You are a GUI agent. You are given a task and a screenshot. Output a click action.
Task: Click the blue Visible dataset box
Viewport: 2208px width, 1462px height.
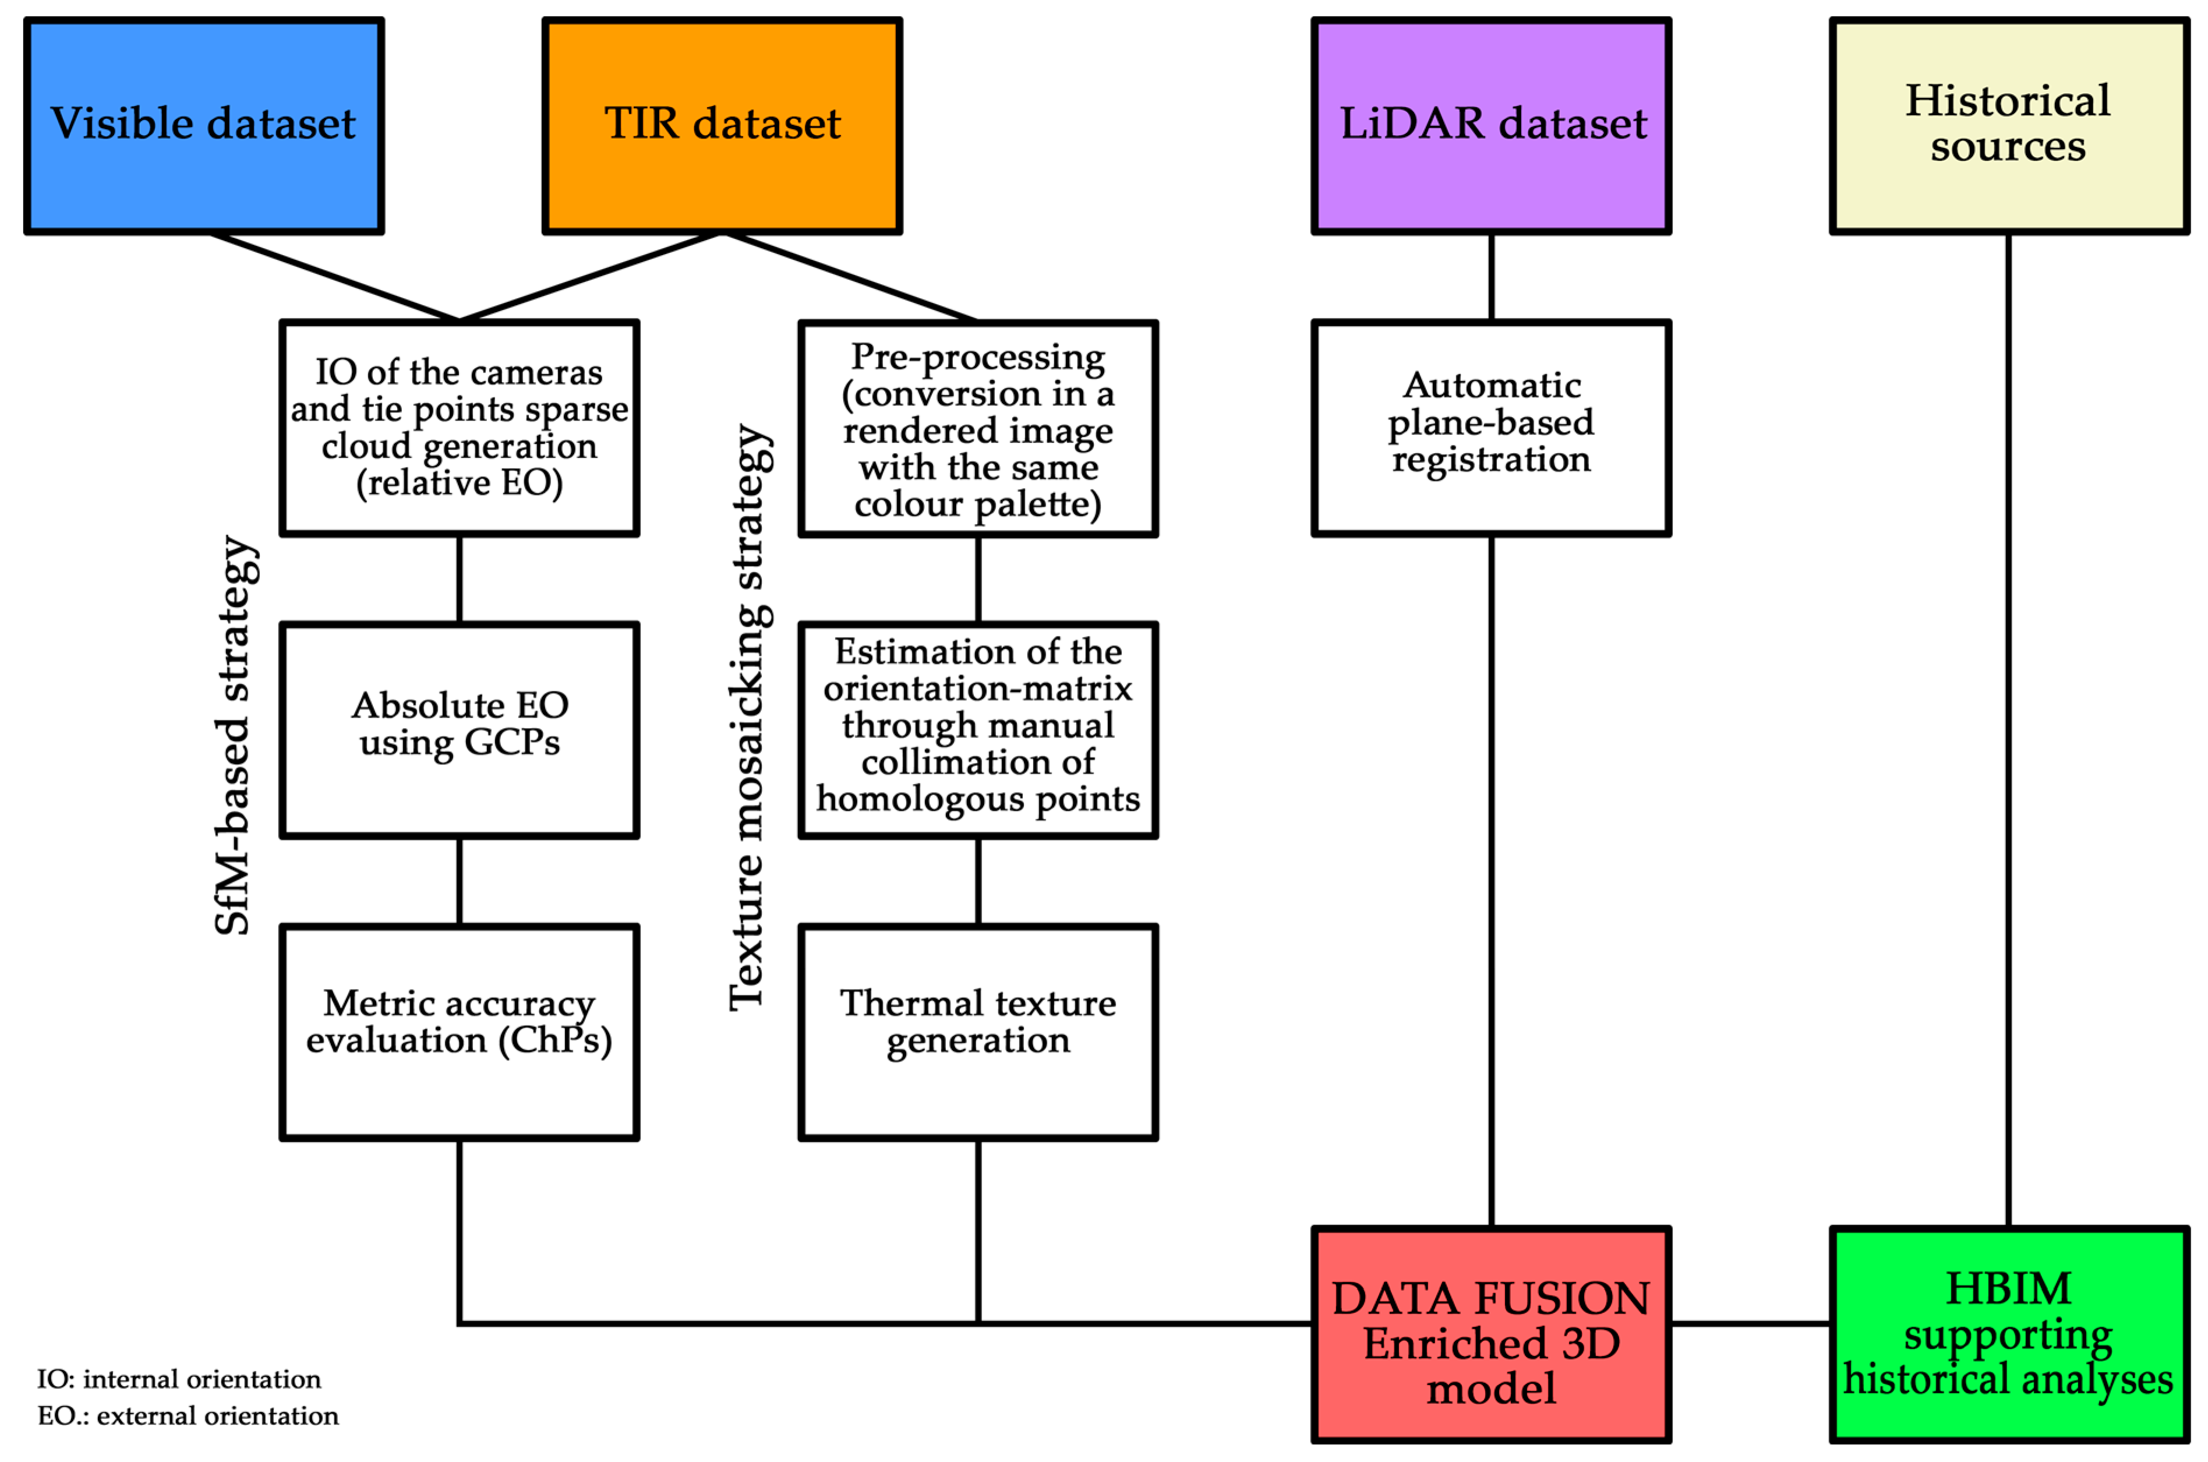coord(203,126)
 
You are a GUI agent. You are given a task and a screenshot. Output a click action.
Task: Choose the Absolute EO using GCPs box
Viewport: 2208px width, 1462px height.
coord(459,730)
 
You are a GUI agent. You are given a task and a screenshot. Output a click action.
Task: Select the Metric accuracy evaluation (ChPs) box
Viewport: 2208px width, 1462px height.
coord(459,1032)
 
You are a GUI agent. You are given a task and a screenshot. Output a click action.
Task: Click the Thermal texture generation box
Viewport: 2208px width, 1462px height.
coord(977,1032)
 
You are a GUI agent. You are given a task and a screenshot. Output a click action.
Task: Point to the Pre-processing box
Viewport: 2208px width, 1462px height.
coord(977,428)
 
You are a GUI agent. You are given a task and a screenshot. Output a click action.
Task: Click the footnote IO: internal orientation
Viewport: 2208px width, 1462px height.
coord(179,1379)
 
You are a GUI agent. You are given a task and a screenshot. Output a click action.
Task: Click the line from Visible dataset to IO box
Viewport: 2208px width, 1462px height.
coord(335,277)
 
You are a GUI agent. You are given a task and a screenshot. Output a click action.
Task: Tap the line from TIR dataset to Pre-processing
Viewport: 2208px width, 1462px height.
coord(850,277)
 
